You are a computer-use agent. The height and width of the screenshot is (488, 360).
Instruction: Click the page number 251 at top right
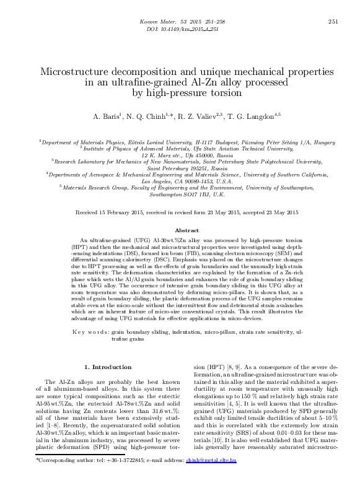tap(332, 22)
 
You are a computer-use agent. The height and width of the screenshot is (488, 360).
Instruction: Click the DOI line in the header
tap(179, 29)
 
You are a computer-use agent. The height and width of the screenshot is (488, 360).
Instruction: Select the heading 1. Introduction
tap(108, 367)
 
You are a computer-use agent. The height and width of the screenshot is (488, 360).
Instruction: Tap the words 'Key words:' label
tap(91, 332)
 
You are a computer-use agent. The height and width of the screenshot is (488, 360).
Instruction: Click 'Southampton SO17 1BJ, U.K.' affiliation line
tap(180, 194)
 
